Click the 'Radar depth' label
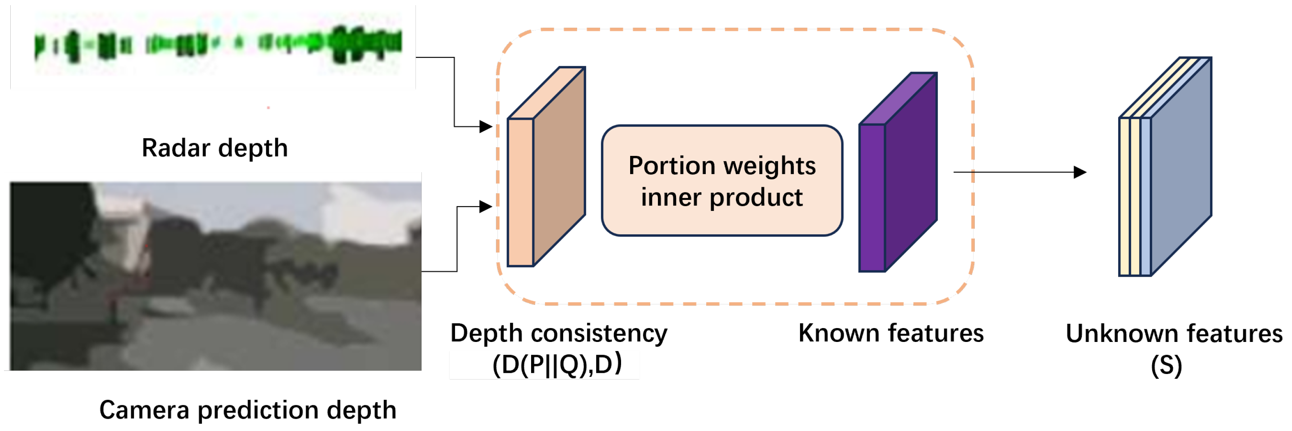215,148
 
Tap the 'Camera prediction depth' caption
248,410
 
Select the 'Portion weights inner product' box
722,180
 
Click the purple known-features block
898,173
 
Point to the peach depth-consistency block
546,168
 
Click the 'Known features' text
891,333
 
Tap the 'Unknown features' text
1174,334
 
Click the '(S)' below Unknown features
1166,366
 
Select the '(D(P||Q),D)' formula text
557,365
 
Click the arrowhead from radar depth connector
486,127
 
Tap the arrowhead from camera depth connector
486,207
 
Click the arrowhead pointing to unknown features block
1079,173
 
